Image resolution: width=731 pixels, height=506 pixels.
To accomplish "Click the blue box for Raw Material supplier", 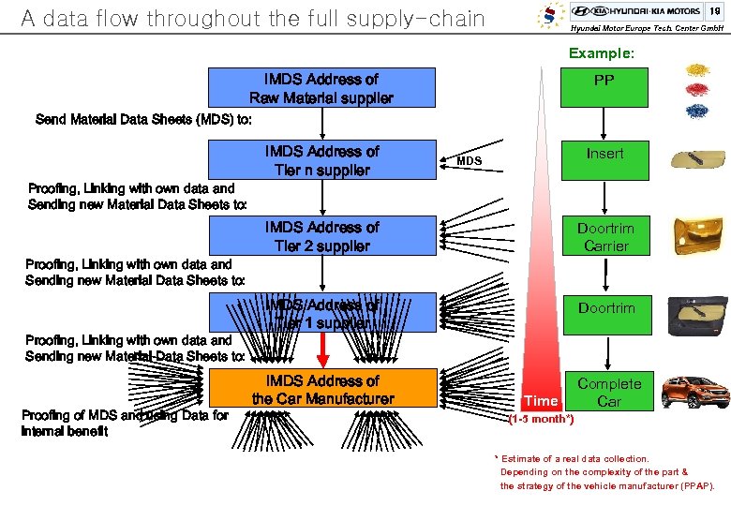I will (x=321, y=88).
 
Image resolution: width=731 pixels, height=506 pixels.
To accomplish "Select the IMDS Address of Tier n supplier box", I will (x=321, y=160).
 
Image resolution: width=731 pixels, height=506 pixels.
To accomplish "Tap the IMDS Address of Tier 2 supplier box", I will (x=321, y=236).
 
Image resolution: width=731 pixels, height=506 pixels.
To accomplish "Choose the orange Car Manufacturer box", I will (x=322, y=390).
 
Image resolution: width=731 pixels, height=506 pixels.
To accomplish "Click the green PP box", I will (x=604, y=87).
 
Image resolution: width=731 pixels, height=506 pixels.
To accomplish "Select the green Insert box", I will (x=604, y=159).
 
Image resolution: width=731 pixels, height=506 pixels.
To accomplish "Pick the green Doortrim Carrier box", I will (x=604, y=237).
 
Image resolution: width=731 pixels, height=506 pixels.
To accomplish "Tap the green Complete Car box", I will (x=609, y=393).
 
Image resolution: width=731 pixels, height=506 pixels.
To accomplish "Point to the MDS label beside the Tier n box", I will (x=469, y=161).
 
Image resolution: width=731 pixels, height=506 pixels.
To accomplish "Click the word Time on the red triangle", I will (x=540, y=401).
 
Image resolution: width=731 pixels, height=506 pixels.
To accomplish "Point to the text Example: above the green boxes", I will (x=601, y=53).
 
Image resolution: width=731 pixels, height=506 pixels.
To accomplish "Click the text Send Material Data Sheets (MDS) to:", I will (x=143, y=119).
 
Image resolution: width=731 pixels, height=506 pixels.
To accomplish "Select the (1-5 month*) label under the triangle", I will (x=541, y=419).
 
